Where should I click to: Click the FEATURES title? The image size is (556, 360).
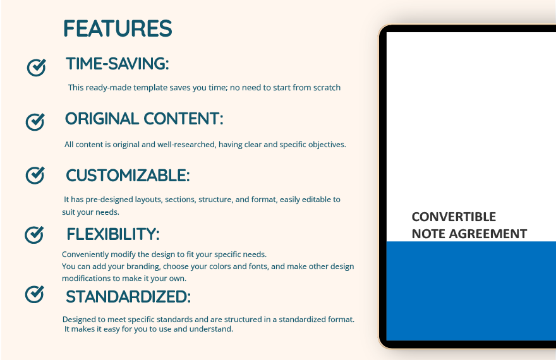point(118,28)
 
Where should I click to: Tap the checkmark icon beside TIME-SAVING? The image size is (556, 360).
point(36,68)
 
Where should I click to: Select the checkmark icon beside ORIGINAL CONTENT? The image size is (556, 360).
point(35,122)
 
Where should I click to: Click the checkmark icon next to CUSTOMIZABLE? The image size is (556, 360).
point(35,175)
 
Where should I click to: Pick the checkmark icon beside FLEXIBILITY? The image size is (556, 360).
point(34,234)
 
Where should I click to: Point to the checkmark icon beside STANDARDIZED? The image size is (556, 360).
point(34,294)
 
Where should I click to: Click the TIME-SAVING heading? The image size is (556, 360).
point(118,64)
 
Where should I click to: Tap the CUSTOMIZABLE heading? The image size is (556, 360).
point(128,176)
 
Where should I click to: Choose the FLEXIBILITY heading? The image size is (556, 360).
point(113,234)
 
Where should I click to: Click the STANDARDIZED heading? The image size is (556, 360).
point(128,297)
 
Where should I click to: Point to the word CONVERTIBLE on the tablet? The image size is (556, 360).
point(454,217)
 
